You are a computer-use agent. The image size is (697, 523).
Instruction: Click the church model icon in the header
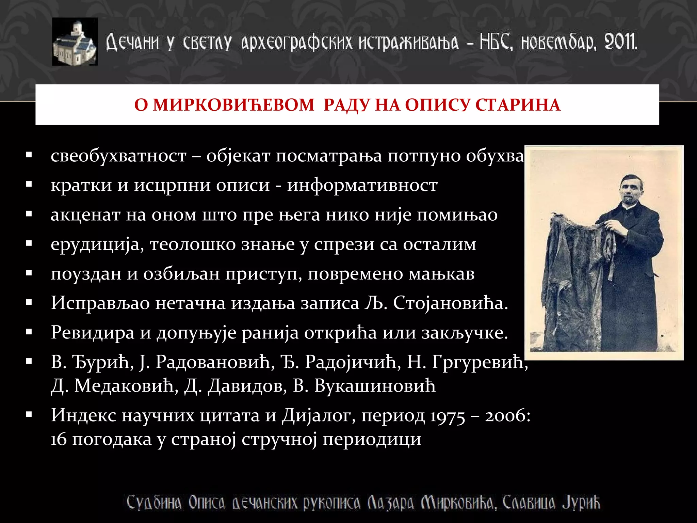pyautogui.click(x=75, y=42)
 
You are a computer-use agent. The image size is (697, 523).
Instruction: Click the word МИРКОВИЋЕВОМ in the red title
pyautogui.click(x=233, y=105)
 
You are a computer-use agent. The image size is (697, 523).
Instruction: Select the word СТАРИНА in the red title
pyautogui.click(x=518, y=105)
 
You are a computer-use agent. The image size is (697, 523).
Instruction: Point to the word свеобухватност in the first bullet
pyautogui.click(x=118, y=156)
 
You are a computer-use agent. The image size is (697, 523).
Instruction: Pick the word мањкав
pyautogui.click(x=441, y=274)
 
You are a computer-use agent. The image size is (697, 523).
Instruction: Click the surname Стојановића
pyautogui.click(x=450, y=303)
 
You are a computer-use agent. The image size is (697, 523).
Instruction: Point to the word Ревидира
pyautogui.click(x=93, y=332)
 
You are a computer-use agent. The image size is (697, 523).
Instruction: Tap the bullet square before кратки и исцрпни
pyautogui.click(x=29, y=185)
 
